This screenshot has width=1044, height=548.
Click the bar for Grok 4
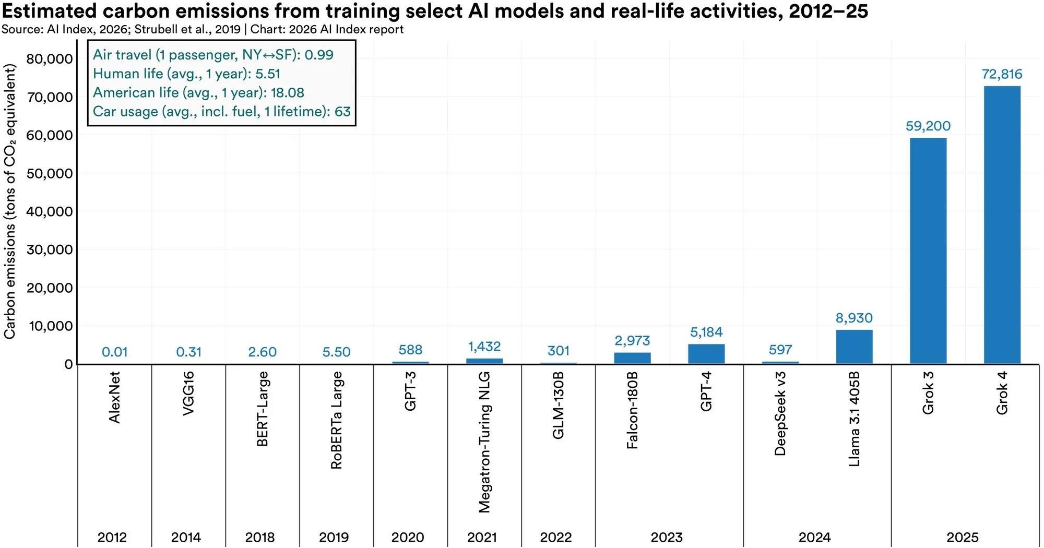point(1002,225)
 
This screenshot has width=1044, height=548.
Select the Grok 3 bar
point(928,251)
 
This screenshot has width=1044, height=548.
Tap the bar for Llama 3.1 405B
point(854,347)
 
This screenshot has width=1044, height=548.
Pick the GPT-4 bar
point(706,354)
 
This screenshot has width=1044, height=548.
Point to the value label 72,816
point(1002,74)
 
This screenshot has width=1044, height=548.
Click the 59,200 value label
point(928,126)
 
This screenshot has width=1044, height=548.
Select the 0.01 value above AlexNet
point(114,352)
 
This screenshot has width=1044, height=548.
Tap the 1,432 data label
point(484,347)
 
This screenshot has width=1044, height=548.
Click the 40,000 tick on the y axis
point(50,211)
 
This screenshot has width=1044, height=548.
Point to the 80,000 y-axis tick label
point(50,58)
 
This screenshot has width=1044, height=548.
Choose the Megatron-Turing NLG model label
point(484,442)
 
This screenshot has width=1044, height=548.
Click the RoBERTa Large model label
point(336,420)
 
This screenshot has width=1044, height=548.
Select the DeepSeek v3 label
point(780,413)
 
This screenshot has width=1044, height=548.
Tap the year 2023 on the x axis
point(667,537)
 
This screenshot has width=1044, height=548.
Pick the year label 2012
point(112,537)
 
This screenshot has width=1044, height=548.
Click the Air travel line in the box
point(213,55)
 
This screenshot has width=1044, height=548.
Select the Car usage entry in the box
point(222,111)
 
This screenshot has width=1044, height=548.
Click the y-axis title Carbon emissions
point(9,201)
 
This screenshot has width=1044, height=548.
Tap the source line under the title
point(203,29)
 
